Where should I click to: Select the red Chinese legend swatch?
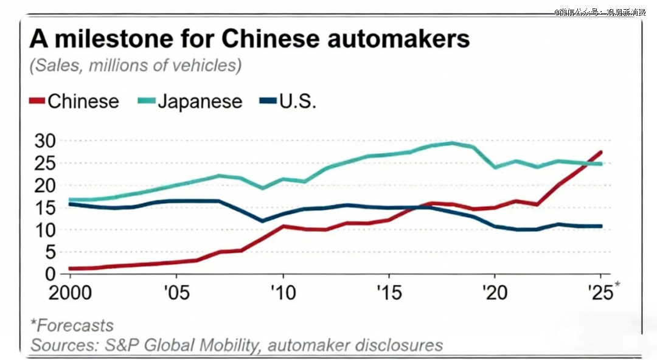tap(36, 102)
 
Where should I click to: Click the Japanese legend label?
tap(200, 102)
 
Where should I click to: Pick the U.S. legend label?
tap(297, 101)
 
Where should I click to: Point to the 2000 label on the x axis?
tap(69, 293)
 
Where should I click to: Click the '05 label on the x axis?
tap(175, 293)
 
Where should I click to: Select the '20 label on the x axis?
tap(493, 293)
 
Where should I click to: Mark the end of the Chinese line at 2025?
tap(601, 152)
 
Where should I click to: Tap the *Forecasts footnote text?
tap(72, 325)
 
